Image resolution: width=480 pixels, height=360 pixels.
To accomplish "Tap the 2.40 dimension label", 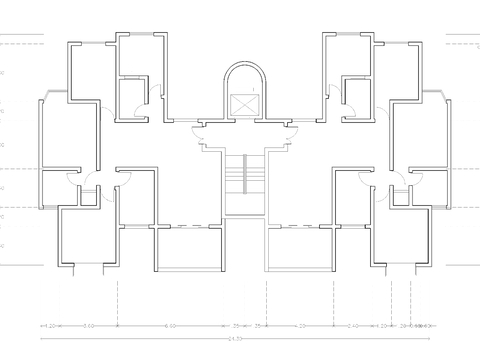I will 353,326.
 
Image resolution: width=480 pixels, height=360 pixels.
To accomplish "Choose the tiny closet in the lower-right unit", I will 399,194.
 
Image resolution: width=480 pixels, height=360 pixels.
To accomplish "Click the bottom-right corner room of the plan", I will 401,236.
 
